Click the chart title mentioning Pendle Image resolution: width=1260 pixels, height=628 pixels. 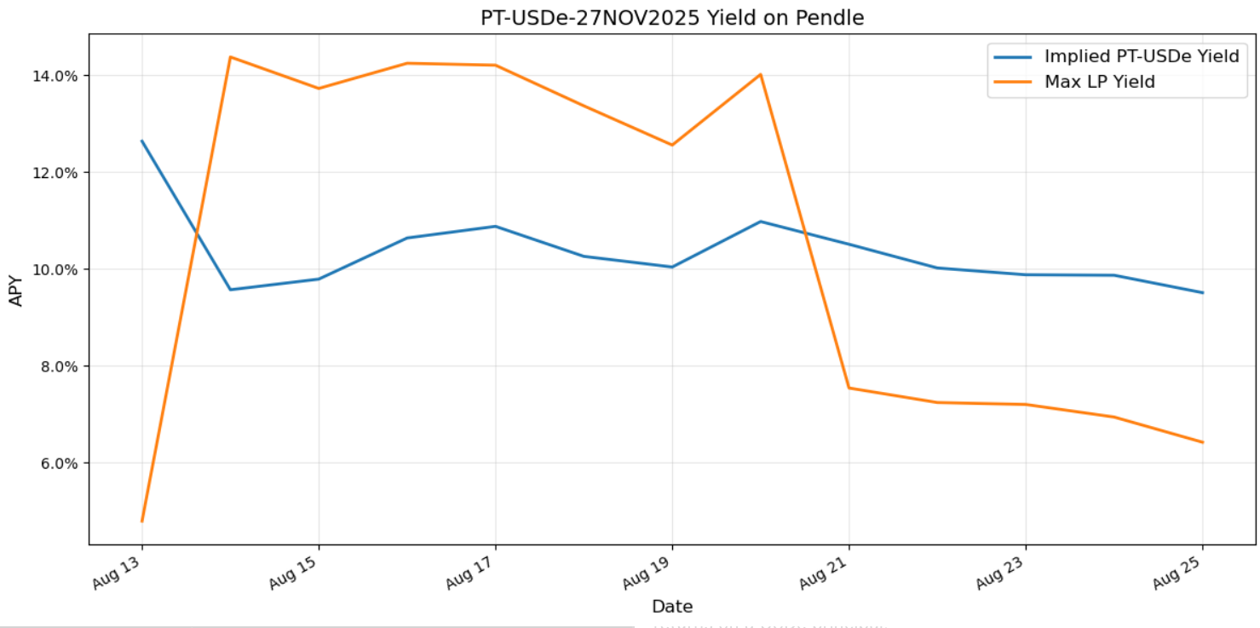pyautogui.click(x=672, y=17)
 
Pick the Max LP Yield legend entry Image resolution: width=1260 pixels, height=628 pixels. pyautogui.click(x=1099, y=82)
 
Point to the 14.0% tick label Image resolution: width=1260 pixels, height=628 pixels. pyautogui.click(x=54, y=76)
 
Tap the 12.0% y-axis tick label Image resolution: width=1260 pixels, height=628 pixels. pyautogui.click(x=54, y=173)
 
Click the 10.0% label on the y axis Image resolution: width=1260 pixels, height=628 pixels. pyautogui.click(x=54, y=270)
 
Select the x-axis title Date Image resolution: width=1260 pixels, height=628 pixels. pyautogui.click(x=672, y=607)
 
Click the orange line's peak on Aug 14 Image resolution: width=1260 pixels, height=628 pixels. pyautogui.click(x=230, y=57)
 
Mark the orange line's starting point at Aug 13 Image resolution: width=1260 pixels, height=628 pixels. pyautogui.click(x=142, y=521)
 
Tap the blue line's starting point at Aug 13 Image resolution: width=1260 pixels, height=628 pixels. pyautogui.click(x=142, y=141)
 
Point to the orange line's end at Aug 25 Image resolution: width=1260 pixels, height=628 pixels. pyautogui.click(x=1202, y=442)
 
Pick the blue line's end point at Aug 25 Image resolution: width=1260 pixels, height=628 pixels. pyautogui.click(x=1202, y=292)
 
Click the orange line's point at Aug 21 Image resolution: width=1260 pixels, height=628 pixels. pyautogui.click(x=849, y=388)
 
